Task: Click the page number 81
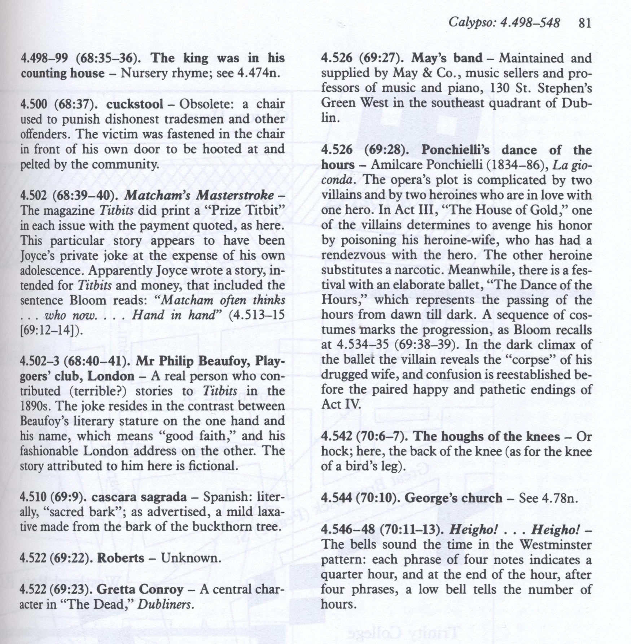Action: point(584,23)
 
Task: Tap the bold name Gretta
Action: point(115,590)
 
